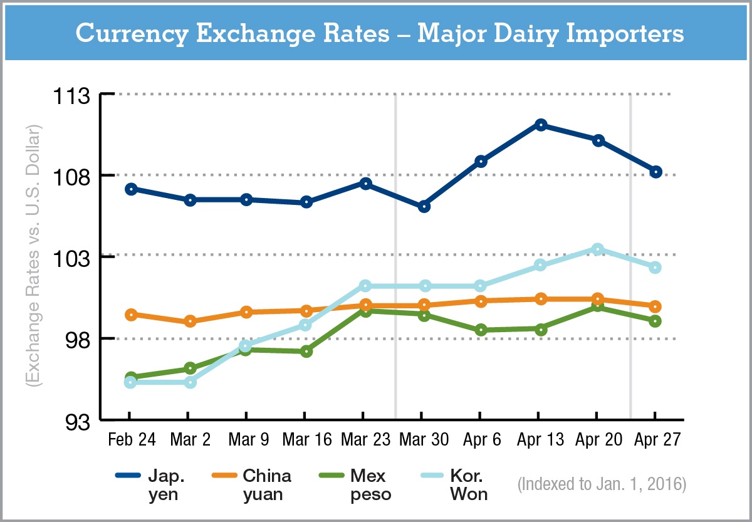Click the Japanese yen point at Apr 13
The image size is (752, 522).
(540, 125)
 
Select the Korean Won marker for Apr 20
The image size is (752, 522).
(598, 249)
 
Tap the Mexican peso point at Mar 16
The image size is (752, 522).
(306, 351)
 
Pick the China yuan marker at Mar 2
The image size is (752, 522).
(190, 321)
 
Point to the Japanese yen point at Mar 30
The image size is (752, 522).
(424, 207)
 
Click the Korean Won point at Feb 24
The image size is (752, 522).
(130, 382)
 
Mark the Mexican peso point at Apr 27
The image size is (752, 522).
(655, 321)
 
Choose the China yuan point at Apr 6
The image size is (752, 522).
(481, 301)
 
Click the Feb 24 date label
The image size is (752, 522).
(132, 440)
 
